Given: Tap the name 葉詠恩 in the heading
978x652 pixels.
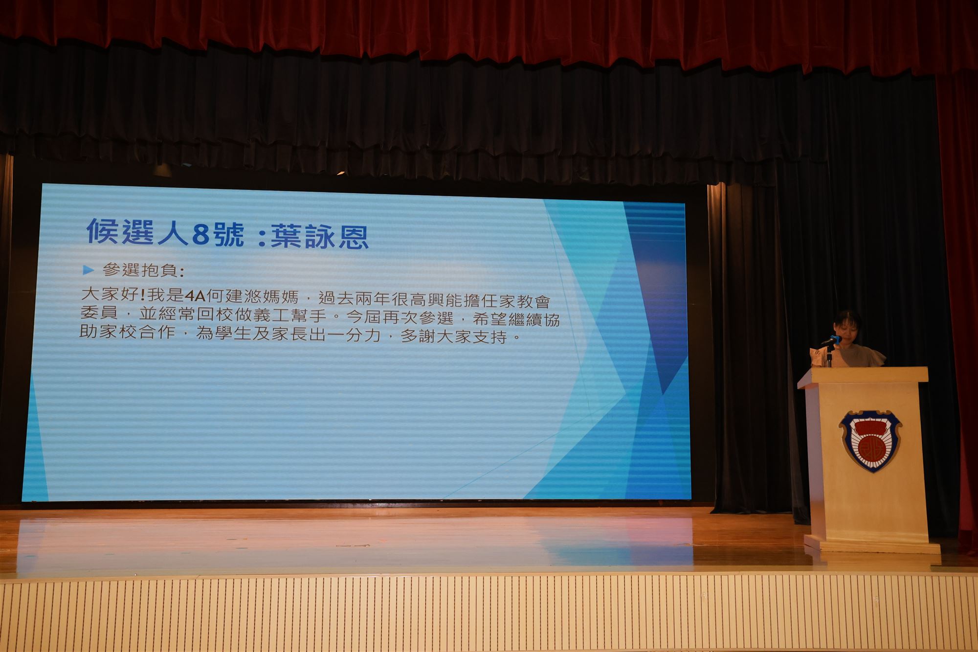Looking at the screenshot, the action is click(319, 236).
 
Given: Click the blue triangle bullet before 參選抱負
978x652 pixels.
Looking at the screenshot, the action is click(89, 269).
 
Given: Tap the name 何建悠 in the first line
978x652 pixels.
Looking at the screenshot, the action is click(236, 296).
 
